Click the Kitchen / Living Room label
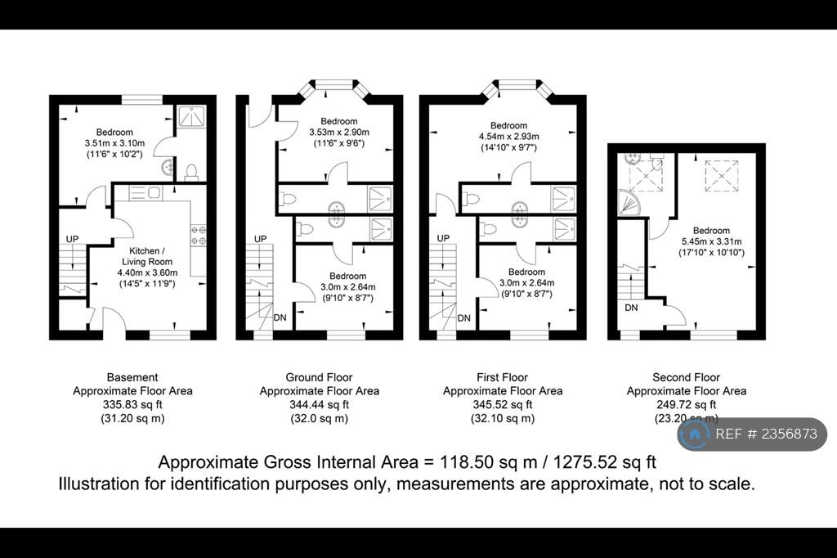(x=147, y=256)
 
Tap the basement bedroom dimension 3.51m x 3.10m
(x=114, y=143)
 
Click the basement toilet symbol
(x=191, y=172)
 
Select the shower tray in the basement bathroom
(x=192, y=116)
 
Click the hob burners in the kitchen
(x=199, y=235)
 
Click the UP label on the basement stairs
(x=72, y=239)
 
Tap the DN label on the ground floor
(x=280, y=317)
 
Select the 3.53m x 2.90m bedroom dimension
(x=339, y=132)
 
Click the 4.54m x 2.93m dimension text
(x=508, y=137)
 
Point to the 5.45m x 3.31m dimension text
(x=711, y=241)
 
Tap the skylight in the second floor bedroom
(x=722, y=176)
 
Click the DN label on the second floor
(x=632, y=308)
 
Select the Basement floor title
(x=132, y=377)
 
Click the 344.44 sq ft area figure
(x=320, y=405)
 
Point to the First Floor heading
(x=503, y=377)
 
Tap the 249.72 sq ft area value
(x=687, y=405)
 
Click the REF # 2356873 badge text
(x=766, y=434)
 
